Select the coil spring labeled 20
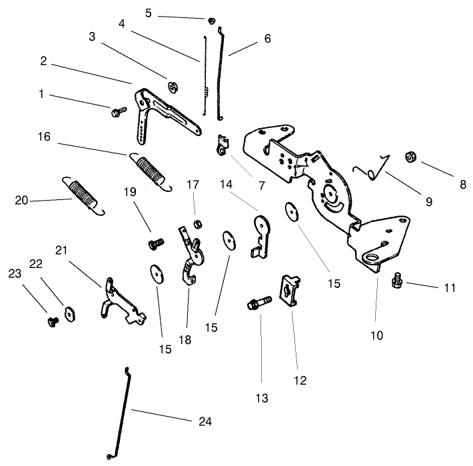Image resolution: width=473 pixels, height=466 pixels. point(83,195)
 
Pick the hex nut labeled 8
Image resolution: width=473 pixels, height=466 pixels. point(411,158)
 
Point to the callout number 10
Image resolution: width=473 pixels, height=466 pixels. point(376,336)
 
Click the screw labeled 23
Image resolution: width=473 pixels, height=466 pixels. point(52,322)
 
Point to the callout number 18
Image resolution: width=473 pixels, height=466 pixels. point(185,340)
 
